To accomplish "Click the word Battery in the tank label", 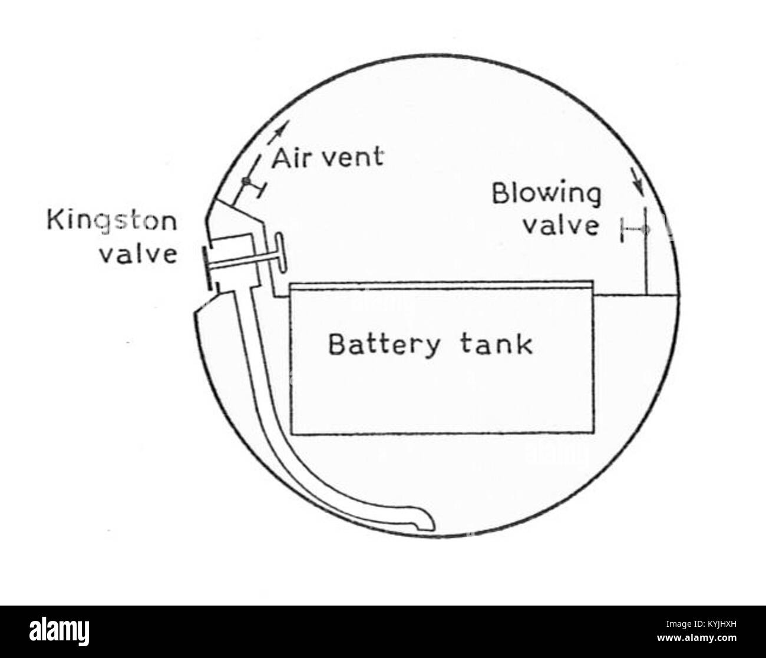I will click(384, 345).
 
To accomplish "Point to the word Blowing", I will click(546, 194).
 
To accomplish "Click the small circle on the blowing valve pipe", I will click(645, 229).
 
